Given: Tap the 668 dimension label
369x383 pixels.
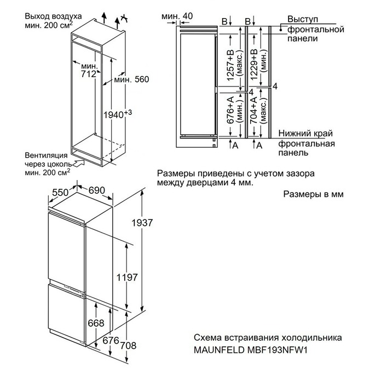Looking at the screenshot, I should [95, 323].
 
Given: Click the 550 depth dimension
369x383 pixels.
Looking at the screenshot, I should [61, 192].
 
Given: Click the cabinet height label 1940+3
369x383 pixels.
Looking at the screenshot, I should [119, 113].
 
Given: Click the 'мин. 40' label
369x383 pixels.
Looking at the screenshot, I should [177, 16].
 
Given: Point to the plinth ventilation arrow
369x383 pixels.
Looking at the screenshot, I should [79, 161].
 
